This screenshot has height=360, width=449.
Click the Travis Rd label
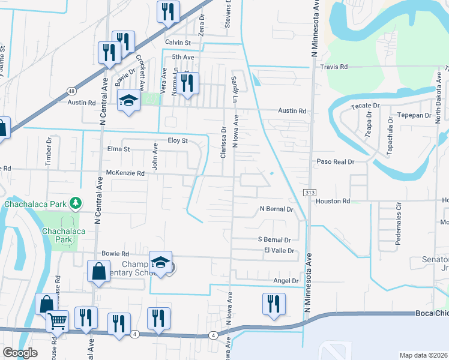coord(334,67)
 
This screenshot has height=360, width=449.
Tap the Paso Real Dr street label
coord(336,162)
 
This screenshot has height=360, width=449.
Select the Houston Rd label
coord(337,202)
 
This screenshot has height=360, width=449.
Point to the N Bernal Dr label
coord(276,209)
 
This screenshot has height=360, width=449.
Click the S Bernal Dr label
coord(274,239)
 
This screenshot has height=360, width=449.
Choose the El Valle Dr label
coord(279,251)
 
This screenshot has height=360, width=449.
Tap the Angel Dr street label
coord(286,281)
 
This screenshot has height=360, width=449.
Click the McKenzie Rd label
coord(125,173)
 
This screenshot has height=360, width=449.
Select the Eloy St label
coord(178,140)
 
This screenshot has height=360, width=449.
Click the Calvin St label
coord(178,43)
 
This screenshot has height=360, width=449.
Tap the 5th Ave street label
coord(183,57)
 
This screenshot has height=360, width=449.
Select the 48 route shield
coord(71,91)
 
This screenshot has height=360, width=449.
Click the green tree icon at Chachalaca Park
coord(76,203)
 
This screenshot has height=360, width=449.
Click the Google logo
coord(20,353)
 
